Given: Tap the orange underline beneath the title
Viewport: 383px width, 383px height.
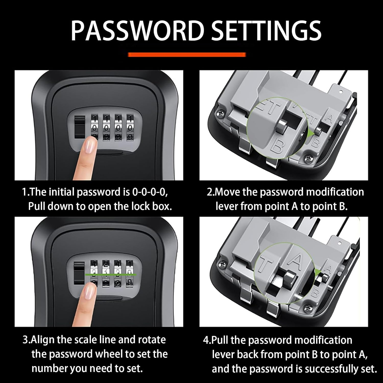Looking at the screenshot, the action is coord(187,54).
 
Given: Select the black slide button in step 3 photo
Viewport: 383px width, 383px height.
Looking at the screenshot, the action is coord(79,275).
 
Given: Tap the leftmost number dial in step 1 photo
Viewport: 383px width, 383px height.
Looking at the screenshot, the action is coord(95,128).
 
